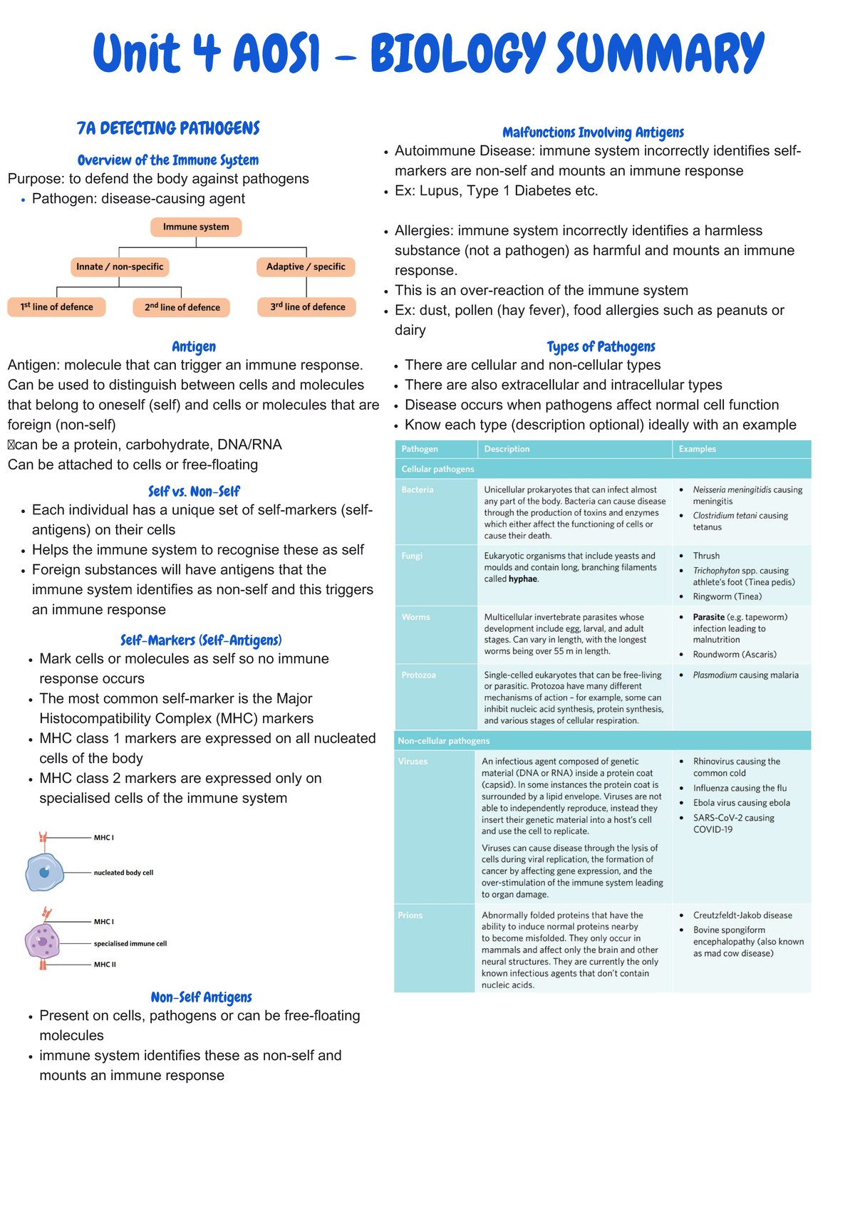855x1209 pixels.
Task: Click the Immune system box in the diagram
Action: click(x=196, y=227)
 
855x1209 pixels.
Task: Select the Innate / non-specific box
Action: click(x=120, y=266)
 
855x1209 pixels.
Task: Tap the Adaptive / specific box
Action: click(x=306, y=266)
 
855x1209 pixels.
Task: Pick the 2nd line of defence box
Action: click(x=182, y=307)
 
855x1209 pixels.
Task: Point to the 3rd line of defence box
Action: click(x=307, y=307)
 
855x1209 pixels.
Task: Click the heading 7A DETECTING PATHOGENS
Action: click(x=168, y=128)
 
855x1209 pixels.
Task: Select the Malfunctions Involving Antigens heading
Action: click(x=593, y=133)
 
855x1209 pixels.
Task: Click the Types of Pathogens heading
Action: click(x=601, y=347)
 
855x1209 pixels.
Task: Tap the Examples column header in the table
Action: click(x=697, y=449)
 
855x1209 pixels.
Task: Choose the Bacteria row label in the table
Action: click(x=418, y=490)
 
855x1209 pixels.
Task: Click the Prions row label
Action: click(x=410, y=915)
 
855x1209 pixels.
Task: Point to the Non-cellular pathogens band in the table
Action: click(x=444, y=741)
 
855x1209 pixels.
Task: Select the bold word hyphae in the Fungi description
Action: click(x=523, y=579)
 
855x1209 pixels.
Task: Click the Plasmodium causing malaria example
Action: click(x=745, y=675)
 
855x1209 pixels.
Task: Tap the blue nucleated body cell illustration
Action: click(x=44, y=873)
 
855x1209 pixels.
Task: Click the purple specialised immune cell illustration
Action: click(x=43, y=942)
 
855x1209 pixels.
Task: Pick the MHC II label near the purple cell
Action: click(x=105, y=965)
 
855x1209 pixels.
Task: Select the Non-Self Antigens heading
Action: click(x=201, y=997)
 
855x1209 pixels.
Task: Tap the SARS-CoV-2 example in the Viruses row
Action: click(x=733, y=824)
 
